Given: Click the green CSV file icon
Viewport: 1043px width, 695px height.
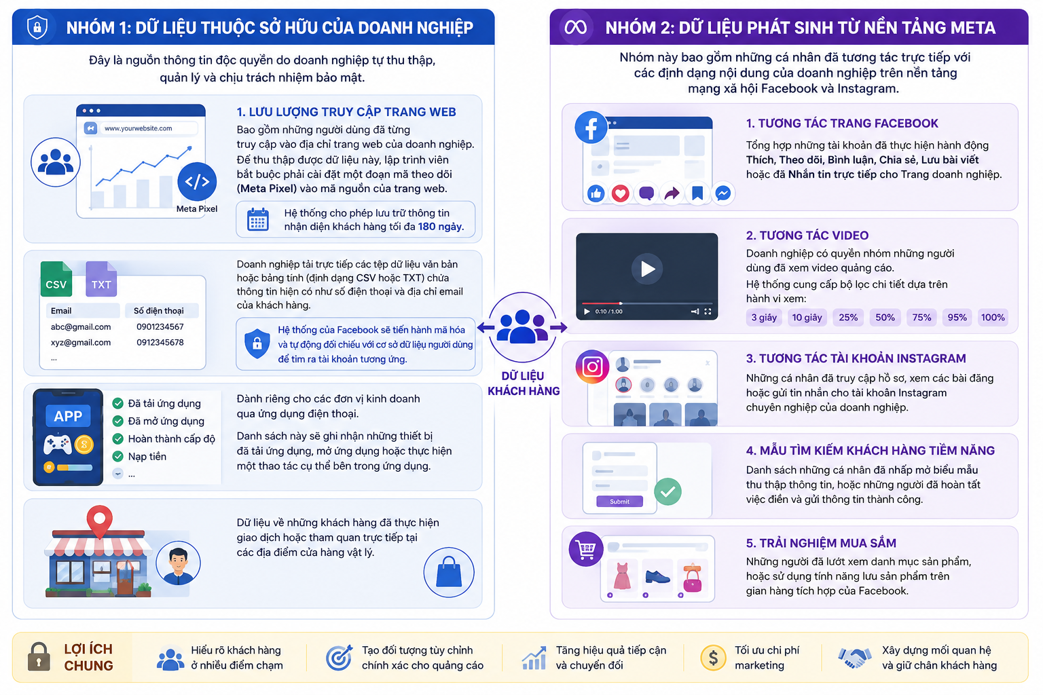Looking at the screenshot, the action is (x=56, y=279).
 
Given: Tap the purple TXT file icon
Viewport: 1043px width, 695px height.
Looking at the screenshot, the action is (x=101, y=279).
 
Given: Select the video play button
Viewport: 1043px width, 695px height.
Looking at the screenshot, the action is (x=646, y=269).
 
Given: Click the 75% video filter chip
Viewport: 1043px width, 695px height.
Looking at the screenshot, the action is (x=921, y=318).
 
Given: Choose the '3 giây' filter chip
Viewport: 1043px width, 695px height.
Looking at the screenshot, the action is (x=764, y=318).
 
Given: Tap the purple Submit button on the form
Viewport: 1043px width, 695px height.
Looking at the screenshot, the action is (x=619, y=502).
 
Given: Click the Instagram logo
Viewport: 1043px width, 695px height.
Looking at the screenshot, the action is (x=592, y=367).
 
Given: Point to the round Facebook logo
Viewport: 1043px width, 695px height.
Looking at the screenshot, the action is (x=591, y=127).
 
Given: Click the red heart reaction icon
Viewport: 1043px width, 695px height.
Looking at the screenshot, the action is (x=620, y=193).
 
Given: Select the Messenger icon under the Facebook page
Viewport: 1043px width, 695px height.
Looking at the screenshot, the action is (x=722, y=193).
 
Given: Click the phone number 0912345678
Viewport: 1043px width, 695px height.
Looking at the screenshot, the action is (x=160, y=342).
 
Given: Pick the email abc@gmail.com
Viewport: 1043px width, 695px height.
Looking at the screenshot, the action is (x=81, y=326).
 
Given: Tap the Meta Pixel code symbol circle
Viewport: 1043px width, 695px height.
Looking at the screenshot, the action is (x=197, y=181).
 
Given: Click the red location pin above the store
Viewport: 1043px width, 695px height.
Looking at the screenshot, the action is (x=100, y=521).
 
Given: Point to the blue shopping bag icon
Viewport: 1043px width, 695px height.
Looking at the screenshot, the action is (x=449, y=572).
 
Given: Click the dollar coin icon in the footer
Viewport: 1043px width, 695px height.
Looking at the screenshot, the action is (x=713, y=658).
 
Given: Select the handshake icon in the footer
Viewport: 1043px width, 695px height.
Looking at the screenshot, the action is (x=854, y=658).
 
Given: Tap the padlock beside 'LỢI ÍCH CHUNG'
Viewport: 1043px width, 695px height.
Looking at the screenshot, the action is (x=39, y=657).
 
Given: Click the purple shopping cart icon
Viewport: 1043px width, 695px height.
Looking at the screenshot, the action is (x=586, y=549).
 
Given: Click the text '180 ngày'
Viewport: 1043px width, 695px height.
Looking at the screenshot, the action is (x=441, y=227).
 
